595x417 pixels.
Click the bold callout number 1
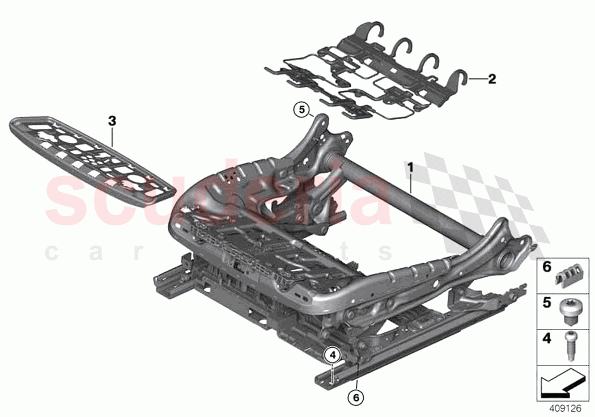411,167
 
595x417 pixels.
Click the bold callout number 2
491,79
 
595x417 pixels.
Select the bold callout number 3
112,121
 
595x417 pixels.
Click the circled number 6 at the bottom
356,398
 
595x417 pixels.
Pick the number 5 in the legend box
547,303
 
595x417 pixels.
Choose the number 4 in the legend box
547,338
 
